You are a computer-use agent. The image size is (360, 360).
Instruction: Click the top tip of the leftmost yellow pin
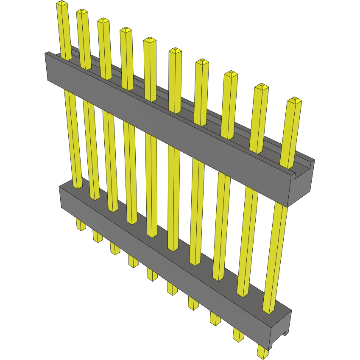click(62, 3)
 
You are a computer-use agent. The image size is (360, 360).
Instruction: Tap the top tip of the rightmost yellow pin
click(294, 100)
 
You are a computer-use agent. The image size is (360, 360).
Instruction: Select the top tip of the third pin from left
click(103, 20)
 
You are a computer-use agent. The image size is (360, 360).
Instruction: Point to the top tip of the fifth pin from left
click(150, 40)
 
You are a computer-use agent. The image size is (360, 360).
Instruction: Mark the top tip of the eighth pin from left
click(231, 74)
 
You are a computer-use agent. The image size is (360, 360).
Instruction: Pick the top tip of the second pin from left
click(82, 11)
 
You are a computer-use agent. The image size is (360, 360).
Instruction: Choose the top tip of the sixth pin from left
click(175, 50)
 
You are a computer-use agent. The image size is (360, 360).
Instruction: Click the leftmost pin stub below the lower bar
click(81, 224)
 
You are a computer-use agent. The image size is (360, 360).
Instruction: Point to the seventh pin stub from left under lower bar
click(193, 303)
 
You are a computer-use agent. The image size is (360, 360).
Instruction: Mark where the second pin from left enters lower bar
click(95, 198)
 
